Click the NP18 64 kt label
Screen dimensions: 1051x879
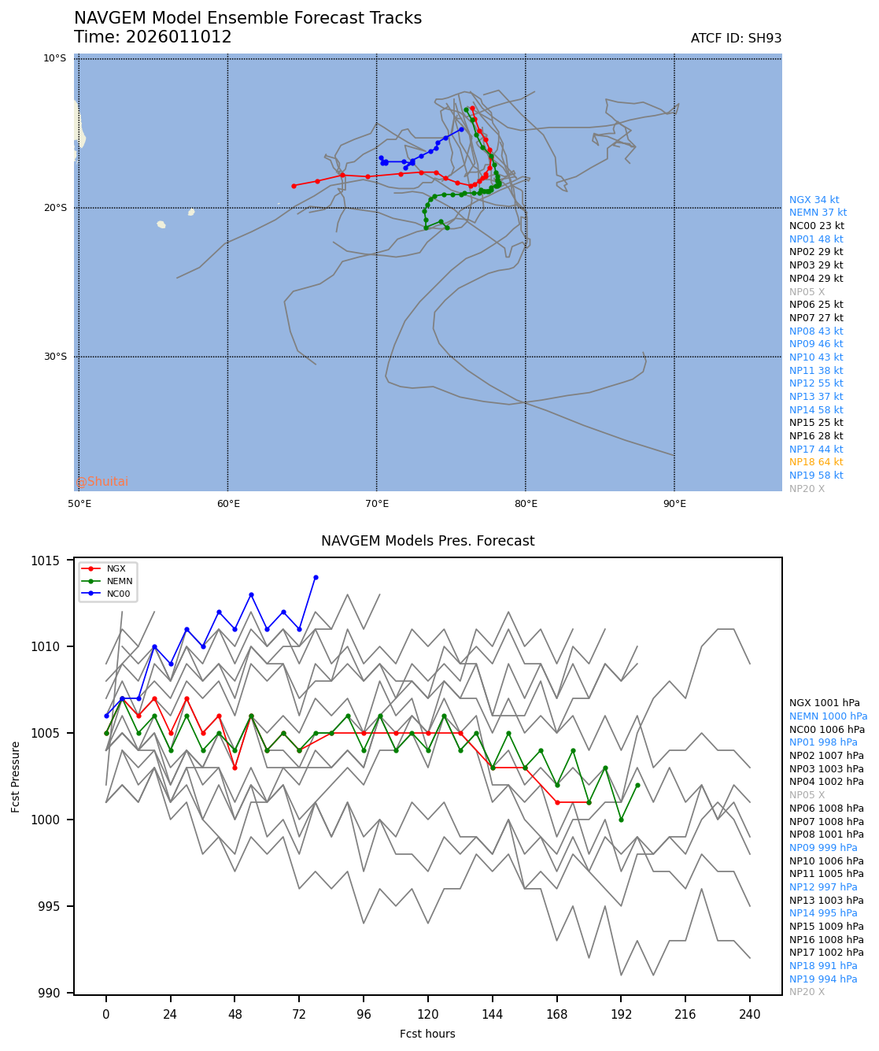click(816, 462)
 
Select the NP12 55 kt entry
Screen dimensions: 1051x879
click(816, 383)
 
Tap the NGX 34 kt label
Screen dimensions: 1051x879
click(814, 200)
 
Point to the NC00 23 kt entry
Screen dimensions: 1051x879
click(816, 226)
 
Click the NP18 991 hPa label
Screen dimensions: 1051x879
click(823, 966)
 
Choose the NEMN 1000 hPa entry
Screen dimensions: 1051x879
click(828, 716)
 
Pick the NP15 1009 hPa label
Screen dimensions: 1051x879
click(826, 927)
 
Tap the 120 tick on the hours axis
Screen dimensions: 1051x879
click(428, 1015)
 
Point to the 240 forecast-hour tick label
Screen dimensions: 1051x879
click(750, 1015)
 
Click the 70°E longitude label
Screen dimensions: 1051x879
click(377, 504)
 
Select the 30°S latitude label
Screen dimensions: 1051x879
click(55, 357)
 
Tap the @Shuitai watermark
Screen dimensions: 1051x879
click(102, 482)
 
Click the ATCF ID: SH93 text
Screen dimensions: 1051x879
click(736, 39)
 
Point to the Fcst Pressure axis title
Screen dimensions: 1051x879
click(16, 775)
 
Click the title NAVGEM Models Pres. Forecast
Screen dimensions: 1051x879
click(427, 541)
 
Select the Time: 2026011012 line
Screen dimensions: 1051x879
click(153, 37)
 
